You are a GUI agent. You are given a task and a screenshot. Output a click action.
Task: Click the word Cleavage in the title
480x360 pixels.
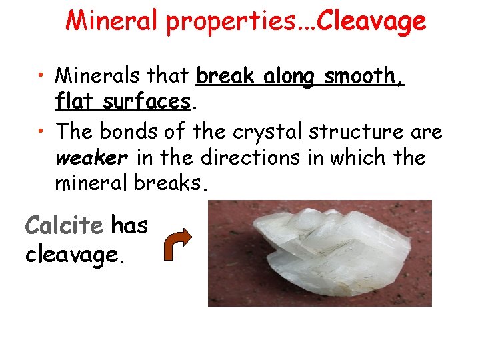pyautogui.click(x=371, y=21)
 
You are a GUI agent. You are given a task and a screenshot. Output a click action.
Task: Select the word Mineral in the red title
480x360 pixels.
pyautogui.click(x=111, y=21)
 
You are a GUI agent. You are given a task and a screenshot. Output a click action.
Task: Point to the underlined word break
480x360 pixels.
pyautogui.click(x=227, y=76)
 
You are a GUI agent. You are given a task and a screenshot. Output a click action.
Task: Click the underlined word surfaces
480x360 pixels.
pyautogui.click(x=149, y=102)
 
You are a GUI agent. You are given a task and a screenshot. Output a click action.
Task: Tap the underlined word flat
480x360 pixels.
pyautogui.click(x=75, y=102)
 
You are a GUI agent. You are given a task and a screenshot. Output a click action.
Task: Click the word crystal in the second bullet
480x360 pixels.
pyautogui.click(x=267, y=132)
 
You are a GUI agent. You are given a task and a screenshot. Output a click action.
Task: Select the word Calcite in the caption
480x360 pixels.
pyautogui.click(x=64, y=225)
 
